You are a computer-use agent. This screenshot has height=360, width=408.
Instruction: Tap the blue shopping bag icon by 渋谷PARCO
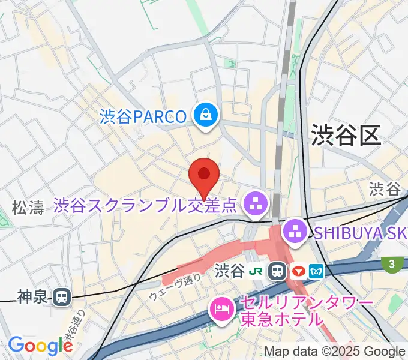tap(206, 116)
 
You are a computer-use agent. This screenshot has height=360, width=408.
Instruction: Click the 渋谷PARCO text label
tap(143, 116)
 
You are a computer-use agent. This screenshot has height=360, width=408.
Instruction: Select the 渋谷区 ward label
tap(346, 136)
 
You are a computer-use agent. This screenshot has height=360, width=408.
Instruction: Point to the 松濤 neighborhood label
tap(28, 208)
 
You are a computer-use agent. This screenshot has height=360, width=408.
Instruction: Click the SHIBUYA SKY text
tap(359, 232)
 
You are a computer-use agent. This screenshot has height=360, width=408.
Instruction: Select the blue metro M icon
tap(317, 271)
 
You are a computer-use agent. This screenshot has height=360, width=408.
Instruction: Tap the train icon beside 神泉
tap(61, 296)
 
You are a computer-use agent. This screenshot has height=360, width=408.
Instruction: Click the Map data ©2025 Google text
tap(335, 352)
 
